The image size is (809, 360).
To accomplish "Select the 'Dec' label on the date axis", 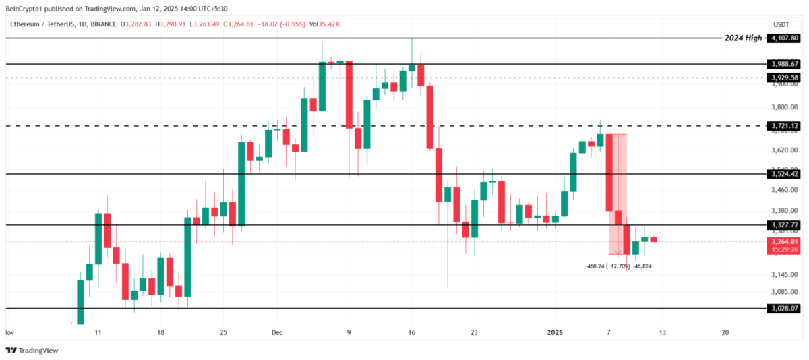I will (x=278, y=332).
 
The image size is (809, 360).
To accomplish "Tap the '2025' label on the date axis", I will (x=555, y=332).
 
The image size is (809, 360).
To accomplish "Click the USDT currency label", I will (x=781, y=24).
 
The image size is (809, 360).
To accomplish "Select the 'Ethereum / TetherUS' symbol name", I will (x=41, y=24).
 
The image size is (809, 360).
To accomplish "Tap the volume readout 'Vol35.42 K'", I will (x=324, y=24).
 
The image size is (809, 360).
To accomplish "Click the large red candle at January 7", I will (x=609, y=173).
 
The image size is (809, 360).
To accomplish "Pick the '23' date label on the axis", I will (x=474, y=332).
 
